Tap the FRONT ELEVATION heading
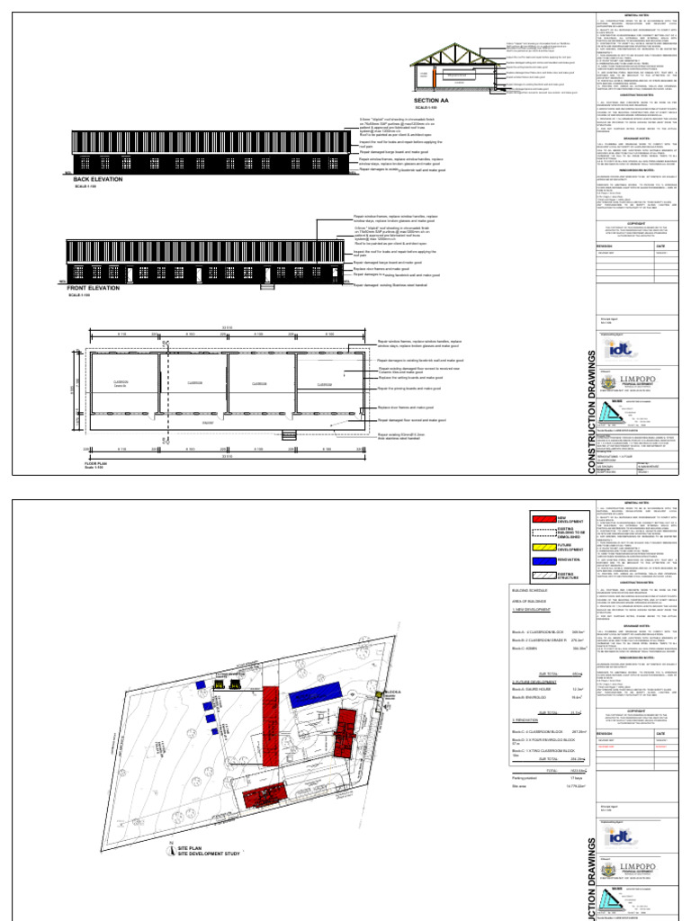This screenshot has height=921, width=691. pos(95,288)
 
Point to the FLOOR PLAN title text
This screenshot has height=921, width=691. pos(95,464)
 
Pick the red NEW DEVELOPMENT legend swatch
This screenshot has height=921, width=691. pos(545,518)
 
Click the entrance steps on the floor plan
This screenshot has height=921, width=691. pos(290,435)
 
